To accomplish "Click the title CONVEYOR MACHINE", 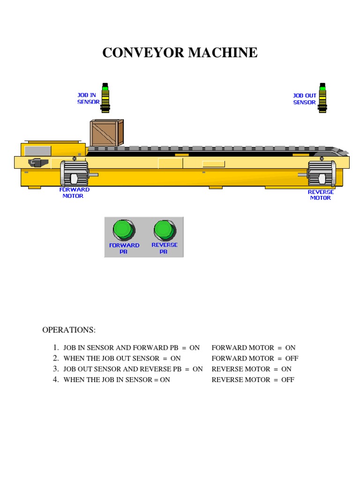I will pyautogui.click(x=180, y=52).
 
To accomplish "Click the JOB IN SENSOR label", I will pyautogui.click(x=88, y=98).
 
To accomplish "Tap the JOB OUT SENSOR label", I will pyautogui.click(x=304, y=99).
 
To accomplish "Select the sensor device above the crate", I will pyautogui.click(x=105, y=97).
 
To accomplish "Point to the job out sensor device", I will pyautogui.click(x=322, y=97).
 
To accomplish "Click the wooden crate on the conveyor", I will pyautogui.click(x=106, y=133).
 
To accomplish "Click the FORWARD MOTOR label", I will pyautogui.click(x=74, y=193).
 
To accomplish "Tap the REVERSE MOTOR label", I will pyautogui.click(x=321, y=195).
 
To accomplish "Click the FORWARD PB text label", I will pyautogui.click(x=124, y=248).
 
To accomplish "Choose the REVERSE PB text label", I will pyautogui.click(x=165, y=248).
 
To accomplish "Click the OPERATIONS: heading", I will pyautogui.click(x=69, y=330).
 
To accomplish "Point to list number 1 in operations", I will pyautogui.click(x=55, y=347).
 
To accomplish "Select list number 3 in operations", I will pyautogui.click(x=55, y=369).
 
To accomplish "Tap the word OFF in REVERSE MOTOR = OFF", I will pyautogui.click(x=287, y=380).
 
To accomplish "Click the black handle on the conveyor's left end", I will pyautogui.click(x=37, y=163).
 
